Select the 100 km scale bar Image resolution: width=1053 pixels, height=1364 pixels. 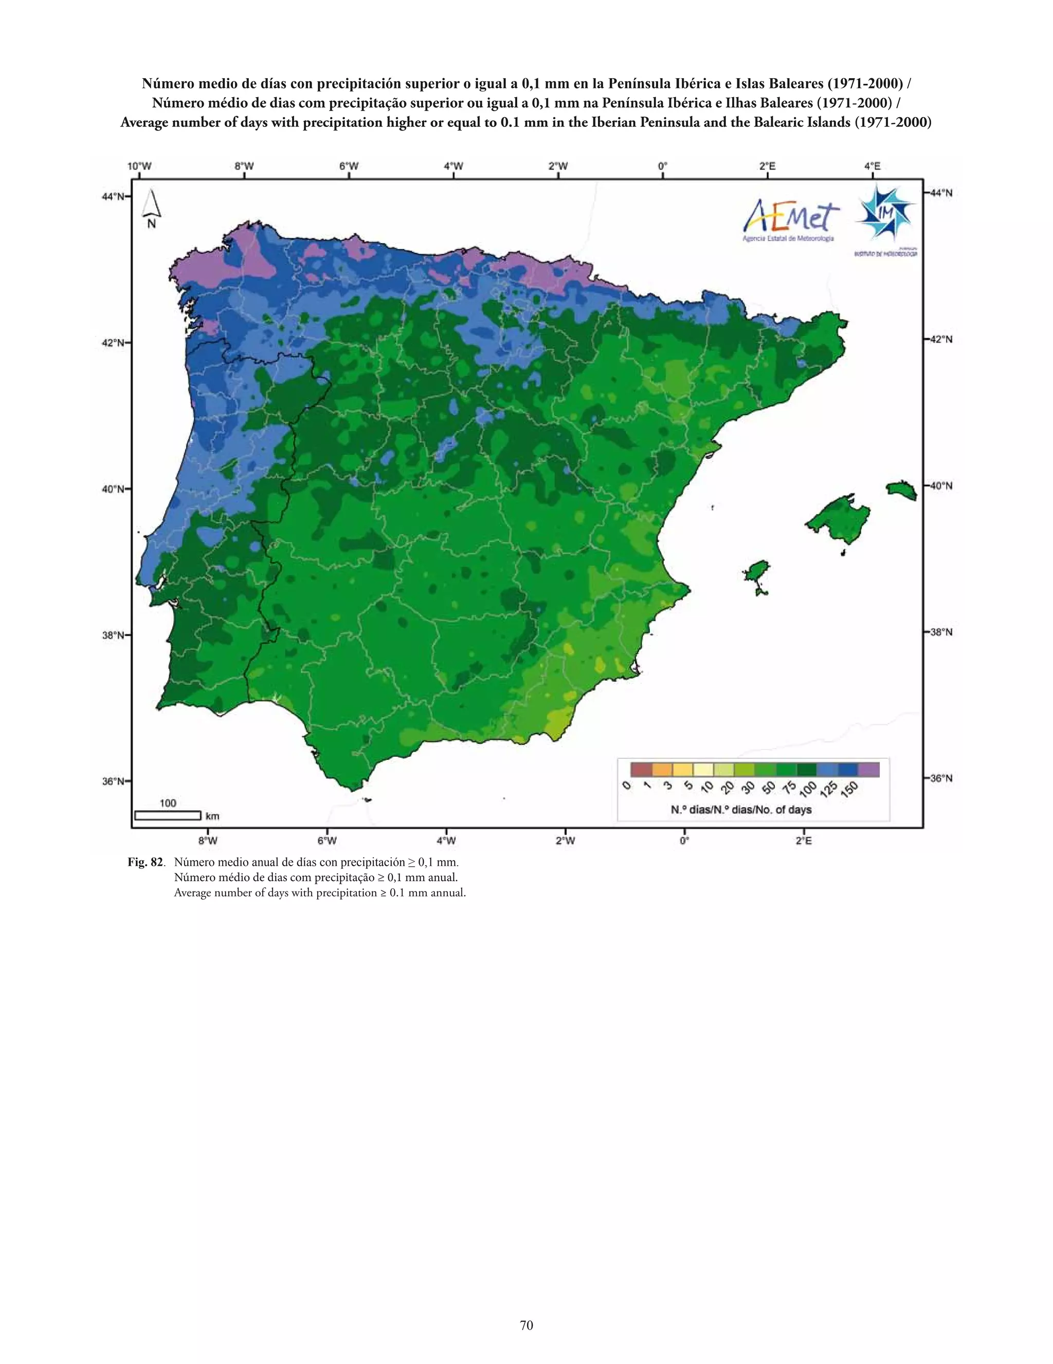point(168,815)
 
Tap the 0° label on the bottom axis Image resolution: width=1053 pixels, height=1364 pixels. point(684,840)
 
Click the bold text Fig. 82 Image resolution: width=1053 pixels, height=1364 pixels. point(145,863)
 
